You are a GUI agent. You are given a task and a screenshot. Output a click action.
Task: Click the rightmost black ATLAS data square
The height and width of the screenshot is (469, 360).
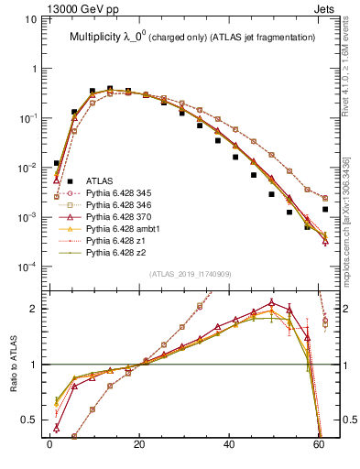325,209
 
